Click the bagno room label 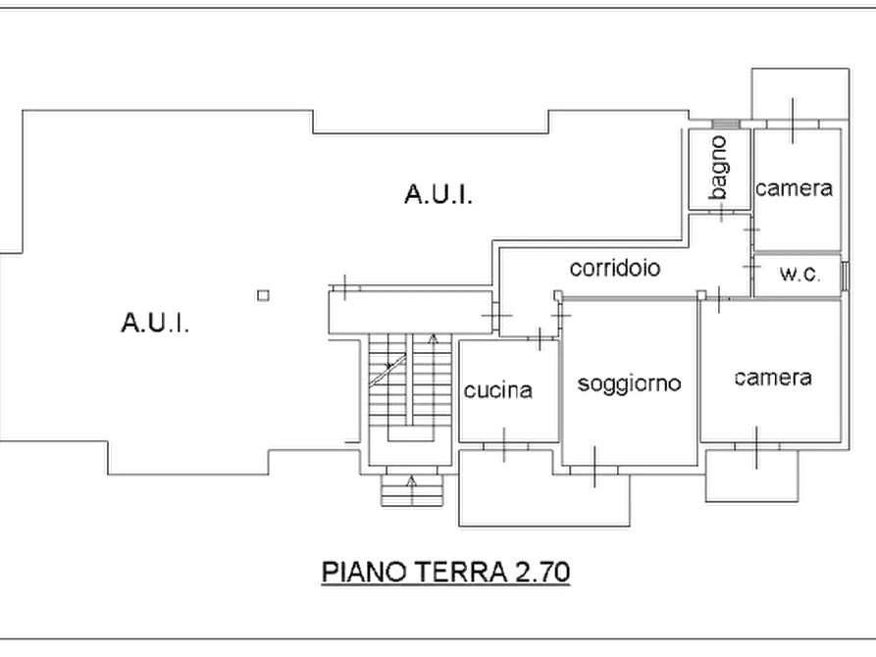(720, 168)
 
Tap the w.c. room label (800, 274)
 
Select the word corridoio (614, 268)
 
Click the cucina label (497, 390)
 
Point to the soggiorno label (629, 384)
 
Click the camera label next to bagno (794, 188)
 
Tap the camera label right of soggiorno (773, 378)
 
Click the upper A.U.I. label (438, 194)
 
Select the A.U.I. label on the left (155, 323)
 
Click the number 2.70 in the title (542, 572)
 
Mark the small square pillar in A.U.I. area (263, 295)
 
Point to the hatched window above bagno (725, 124)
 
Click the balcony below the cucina (544, 488)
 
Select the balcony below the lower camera (752, 476)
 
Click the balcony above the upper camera (800, 93)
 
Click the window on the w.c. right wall (846, 276)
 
